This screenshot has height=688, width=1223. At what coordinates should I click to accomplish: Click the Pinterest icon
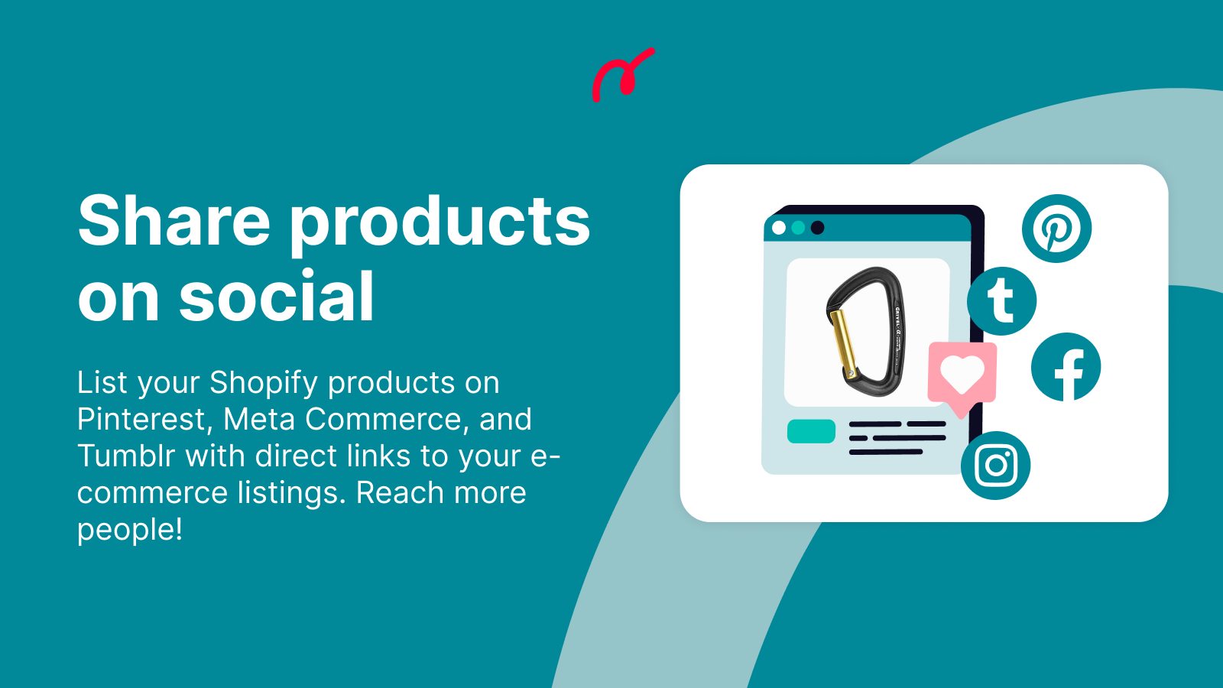[1056, 229]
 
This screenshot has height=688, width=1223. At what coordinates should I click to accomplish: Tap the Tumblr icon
[1001, 300]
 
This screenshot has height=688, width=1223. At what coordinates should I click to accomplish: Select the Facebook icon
[1066, 367]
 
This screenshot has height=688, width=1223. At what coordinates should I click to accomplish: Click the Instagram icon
[995, 465]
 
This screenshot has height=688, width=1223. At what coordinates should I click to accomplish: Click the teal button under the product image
[811, 431]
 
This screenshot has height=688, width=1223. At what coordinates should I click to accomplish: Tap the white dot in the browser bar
[779, 228]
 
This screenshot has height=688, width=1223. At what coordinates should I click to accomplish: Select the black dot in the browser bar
[817, 228]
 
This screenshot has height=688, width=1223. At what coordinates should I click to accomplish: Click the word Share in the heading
[174, 222]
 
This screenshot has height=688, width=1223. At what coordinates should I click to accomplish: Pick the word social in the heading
[277, 297]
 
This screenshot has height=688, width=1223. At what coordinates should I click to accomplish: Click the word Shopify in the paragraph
[264, 382]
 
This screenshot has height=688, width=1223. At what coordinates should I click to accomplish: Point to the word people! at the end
[130, 529]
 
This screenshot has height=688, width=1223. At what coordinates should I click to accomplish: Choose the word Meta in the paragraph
[259, 419]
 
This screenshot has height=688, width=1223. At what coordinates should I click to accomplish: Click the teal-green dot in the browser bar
[798, 228]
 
